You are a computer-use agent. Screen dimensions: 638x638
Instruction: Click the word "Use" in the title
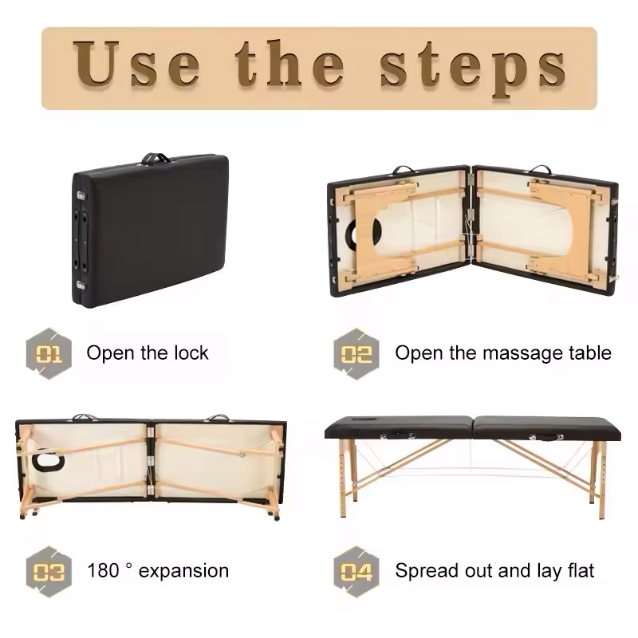coord(136,64)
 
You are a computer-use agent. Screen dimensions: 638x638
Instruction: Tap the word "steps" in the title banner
coord(473,69)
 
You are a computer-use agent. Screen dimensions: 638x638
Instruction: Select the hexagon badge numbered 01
coord(49,353)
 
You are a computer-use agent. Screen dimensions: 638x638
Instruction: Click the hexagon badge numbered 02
coord(356,353)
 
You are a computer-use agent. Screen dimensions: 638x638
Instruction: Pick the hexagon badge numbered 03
coord(49,572)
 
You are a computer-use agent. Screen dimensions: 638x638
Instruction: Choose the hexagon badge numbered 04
coord(356,572)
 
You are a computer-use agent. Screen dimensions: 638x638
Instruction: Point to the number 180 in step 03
coord(104,570)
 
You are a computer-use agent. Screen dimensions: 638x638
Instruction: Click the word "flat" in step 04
coord(581,570)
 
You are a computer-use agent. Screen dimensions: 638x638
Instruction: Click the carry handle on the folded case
coord(155,158)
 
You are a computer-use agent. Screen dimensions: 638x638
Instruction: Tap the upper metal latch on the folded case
coord(81,195)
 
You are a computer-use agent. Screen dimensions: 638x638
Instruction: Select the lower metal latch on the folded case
coord(81,285)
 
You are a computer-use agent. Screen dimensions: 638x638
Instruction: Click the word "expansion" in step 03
coord(183,572)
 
